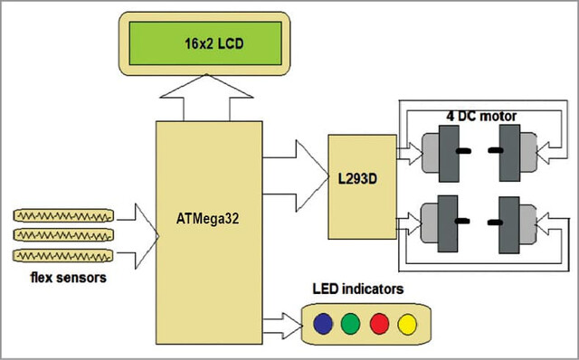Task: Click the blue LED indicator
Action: tap(323, 324)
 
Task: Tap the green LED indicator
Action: tap(350, 324)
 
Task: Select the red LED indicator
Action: tap(380, 324)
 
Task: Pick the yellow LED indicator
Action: tap(407, 324)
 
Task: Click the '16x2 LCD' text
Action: tap(214, 44)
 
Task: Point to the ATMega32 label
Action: tap(207, 219)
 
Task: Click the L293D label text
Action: tap(357, 179)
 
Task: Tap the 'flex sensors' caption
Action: tap(69, 278)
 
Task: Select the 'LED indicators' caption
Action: tap(358, 289)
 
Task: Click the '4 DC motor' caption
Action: tap(481, 117)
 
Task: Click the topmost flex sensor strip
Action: tap(63, 215)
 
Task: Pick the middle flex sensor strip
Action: tap(63, 235)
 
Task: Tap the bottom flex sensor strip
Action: tap(62, 255)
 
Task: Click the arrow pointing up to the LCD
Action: tap(206, 97)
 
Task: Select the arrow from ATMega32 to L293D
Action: tap(296, 175)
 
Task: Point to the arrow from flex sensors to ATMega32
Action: tap(138, 236)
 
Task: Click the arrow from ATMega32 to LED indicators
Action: tap(282, 326)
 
